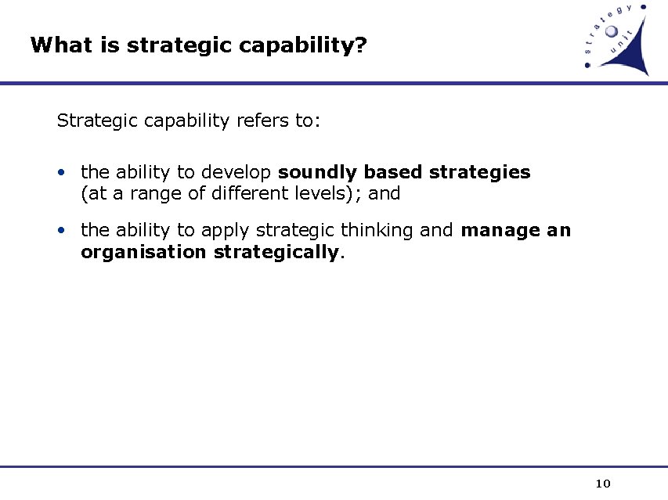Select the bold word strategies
480,172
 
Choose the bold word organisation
144,252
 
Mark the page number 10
603,483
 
